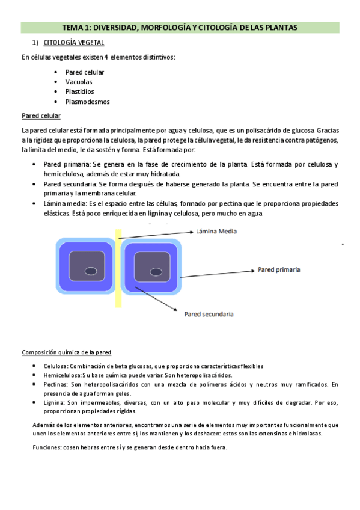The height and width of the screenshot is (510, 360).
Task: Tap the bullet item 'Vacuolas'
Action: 79,82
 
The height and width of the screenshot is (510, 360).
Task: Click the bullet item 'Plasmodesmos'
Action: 87,102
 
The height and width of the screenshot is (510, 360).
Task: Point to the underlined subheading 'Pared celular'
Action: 40,116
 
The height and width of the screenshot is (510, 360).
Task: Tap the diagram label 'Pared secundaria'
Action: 209,313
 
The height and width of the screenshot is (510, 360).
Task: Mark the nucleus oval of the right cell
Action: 153,269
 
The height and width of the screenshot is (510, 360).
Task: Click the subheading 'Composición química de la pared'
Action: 66,352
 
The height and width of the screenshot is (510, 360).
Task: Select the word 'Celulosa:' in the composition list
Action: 55,366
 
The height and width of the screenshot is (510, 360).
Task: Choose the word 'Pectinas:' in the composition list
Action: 56,384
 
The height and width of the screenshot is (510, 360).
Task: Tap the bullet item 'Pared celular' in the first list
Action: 85,72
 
